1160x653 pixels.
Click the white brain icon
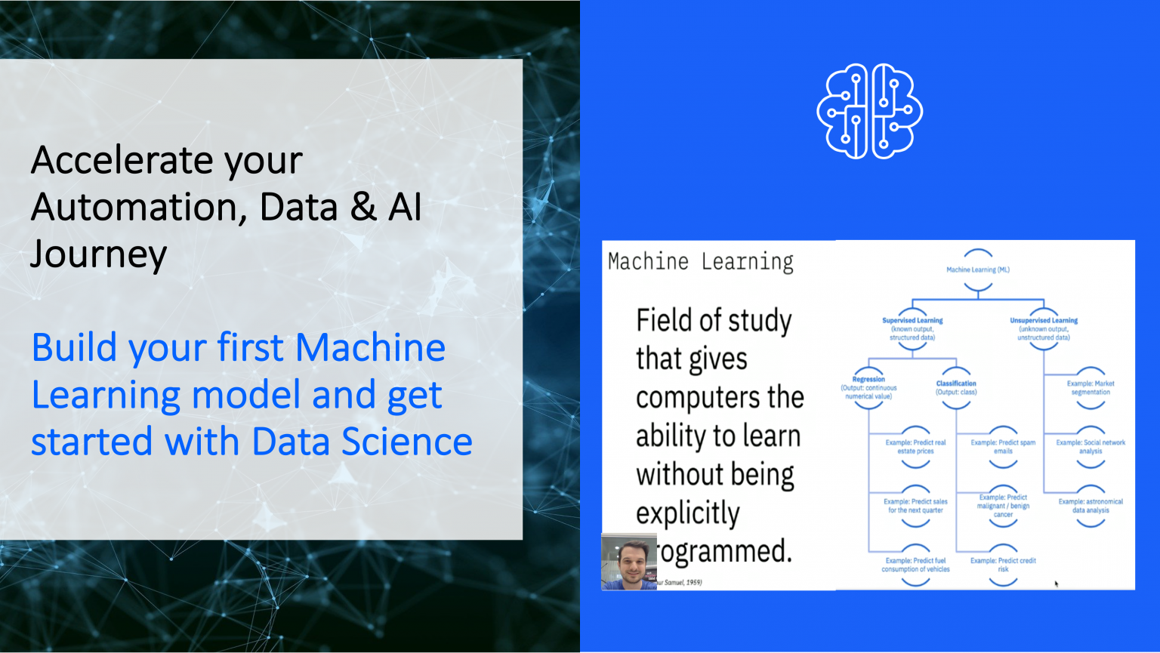870,111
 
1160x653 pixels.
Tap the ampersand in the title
363,207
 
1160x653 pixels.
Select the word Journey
98,254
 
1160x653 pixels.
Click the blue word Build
74,348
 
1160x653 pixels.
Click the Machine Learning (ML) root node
978,270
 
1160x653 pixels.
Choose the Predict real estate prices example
915,447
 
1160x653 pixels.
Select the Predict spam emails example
1003,447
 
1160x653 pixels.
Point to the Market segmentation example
1091,387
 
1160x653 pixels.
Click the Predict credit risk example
1003,565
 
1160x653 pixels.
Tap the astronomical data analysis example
1091,506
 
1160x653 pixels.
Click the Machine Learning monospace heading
701,262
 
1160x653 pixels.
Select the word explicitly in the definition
688,513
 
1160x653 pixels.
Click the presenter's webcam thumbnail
629,562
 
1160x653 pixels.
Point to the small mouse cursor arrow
1056,583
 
